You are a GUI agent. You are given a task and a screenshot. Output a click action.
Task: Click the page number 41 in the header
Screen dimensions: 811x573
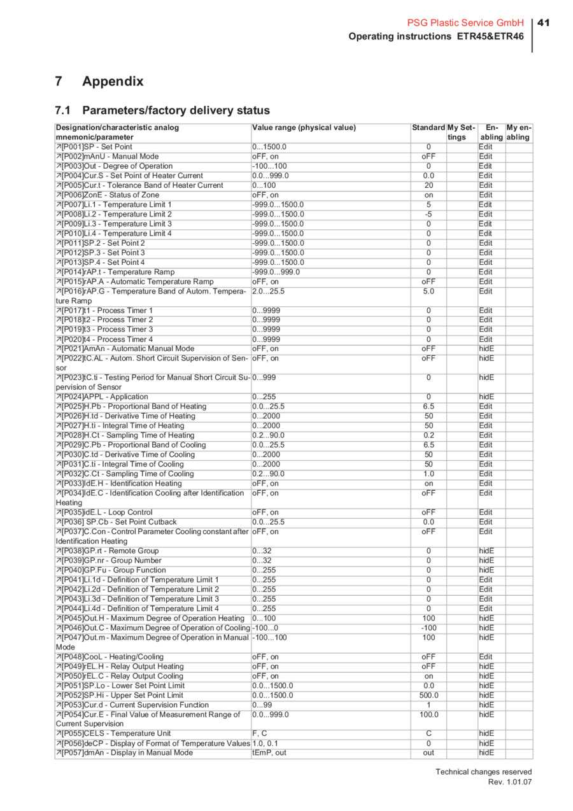point(543,23)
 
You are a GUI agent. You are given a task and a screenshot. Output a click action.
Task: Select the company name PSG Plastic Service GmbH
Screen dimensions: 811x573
point(465,23)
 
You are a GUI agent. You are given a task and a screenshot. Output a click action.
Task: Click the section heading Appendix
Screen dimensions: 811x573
point(113,81)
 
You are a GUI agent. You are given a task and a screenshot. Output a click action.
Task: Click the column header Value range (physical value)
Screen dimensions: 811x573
point(304,127)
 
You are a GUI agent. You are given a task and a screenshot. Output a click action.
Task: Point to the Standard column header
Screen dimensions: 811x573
point(428,127)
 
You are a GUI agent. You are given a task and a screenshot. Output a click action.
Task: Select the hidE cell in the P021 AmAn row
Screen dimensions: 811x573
point(486,349)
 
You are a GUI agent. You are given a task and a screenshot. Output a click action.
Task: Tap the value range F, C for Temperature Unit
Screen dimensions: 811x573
point(260,733)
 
